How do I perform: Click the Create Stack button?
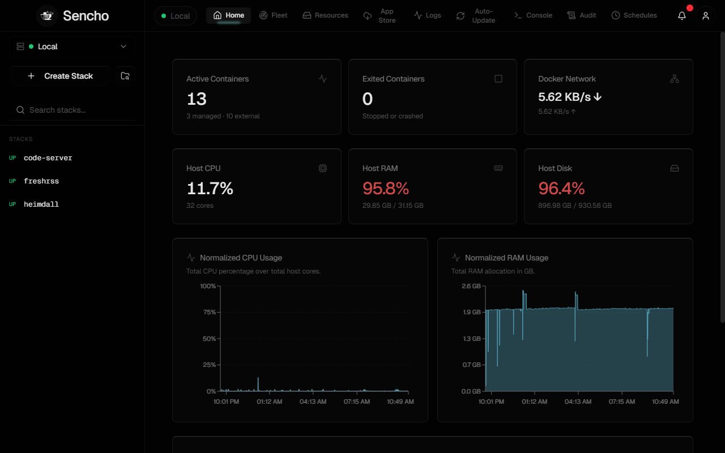60,76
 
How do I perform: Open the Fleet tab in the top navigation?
273,15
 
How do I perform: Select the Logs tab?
427,15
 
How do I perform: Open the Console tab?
533,15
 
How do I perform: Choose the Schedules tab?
634,15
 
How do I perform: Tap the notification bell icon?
682,15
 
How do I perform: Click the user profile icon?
706,15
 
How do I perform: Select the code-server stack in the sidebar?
48,158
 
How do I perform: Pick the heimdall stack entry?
41,204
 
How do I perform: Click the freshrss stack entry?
41,181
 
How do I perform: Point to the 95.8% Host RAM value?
386,189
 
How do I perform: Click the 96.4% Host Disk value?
561,189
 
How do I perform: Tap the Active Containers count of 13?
197,99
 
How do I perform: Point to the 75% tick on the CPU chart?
209,312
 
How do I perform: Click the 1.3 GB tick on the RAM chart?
472,339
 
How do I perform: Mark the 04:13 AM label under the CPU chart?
313,401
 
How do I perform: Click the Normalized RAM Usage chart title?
506,258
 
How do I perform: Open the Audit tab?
582,15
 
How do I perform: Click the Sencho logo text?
86,16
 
